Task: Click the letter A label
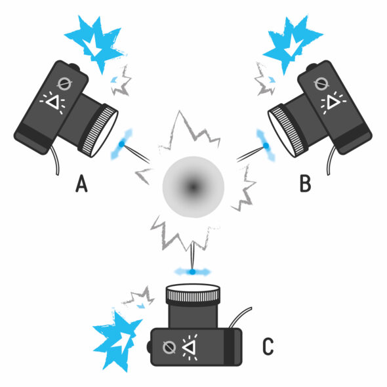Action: [81, 184]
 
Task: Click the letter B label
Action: [305, 184]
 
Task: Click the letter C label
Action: [268, 346]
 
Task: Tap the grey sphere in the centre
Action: [193, 187]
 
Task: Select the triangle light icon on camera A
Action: [53, 102]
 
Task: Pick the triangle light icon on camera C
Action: [190, 347]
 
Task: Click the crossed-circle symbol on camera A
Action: [64, 85]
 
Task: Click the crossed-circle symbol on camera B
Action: [321, 84]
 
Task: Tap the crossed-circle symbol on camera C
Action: [169, 347]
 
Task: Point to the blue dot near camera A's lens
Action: [121, 144]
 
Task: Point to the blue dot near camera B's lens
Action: [266, 146]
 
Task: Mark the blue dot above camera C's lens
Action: [192, 272]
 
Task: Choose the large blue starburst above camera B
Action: [293, 43]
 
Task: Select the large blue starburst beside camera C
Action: [116, 340]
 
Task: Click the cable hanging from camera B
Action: [331, 160]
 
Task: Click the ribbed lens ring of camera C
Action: [193, 295]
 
